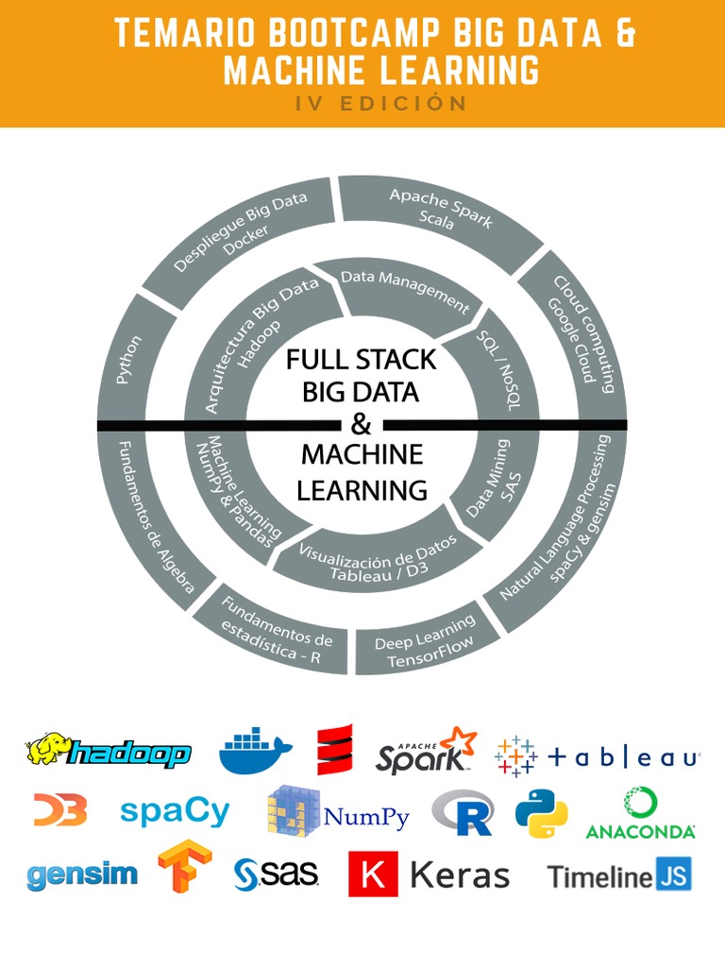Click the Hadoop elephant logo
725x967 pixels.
[x=108, y=751]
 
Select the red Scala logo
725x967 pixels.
[x=334, y=750]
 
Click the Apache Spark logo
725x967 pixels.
[x=426, y=751]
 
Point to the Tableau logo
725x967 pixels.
[x=598, y=756]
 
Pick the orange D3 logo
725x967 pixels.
[x=60, y=809]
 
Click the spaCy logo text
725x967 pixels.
[x=176, y=811]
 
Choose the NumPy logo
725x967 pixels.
[x=339, y=812]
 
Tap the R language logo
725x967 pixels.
[x=463, y=812]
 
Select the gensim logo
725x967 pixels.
[x=82, y=874]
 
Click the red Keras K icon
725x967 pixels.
[x=373, y=874]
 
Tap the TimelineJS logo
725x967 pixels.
[x=619, y=875]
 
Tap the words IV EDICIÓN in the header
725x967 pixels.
[x=380, y=104]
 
